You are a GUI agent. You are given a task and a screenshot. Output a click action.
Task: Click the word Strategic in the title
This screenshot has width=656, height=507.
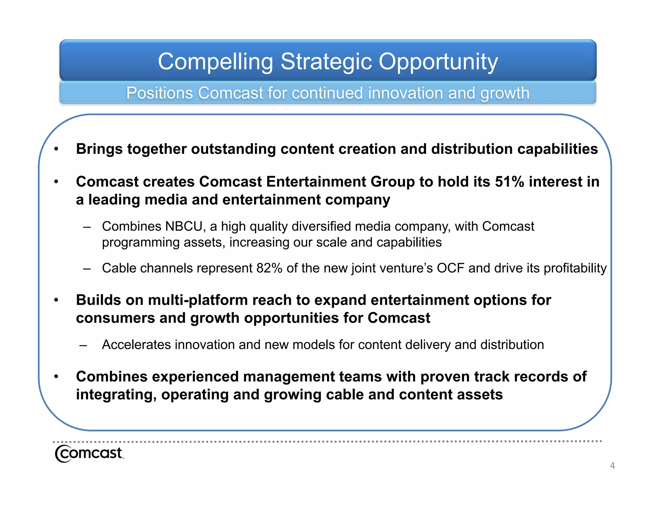pos(326,62)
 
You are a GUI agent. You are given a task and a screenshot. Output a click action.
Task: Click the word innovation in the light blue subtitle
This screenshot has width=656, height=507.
pos(405,93)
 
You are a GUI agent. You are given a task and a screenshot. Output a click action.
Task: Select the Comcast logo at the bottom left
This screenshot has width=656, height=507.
pos(89,453)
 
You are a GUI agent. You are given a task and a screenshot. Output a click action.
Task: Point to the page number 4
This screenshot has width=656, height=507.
pos(612,465)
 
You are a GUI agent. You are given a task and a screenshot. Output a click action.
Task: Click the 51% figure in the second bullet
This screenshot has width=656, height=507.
pos(509,182)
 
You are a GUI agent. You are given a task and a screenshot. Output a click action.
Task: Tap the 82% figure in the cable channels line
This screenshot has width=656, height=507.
pos(269,268)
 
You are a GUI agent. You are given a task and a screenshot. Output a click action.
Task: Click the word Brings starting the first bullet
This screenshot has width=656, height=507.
pos(99,149)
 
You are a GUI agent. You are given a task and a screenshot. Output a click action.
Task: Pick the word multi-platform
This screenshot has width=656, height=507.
pos(198,300)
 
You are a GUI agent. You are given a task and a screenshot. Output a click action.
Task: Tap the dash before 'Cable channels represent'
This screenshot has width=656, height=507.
pos(86,269)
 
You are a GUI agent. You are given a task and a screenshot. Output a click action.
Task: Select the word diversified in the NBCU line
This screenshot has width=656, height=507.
pos(328,226)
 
